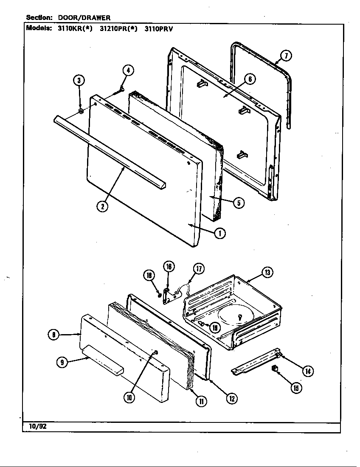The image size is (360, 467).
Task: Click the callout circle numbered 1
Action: click(x=219, y=233)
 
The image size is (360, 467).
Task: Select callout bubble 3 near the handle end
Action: click(x=79, y=81)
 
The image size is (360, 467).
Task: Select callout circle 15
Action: click(x=296, y=387)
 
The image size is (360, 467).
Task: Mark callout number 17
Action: click(x=198, y=268)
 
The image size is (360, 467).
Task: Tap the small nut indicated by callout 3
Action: click(x=81, y=112)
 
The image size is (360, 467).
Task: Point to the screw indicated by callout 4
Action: click(x=121, y=89)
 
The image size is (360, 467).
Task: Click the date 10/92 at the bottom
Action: click(x=35, y=427)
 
